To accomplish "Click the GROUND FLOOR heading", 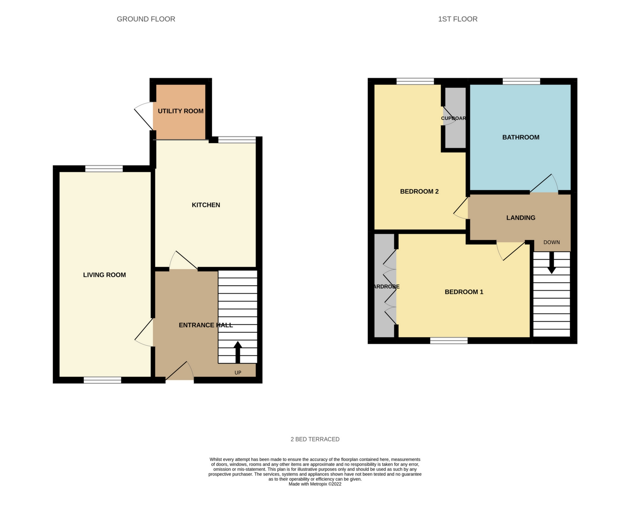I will pos(146,19).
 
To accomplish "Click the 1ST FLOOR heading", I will pos(457,19).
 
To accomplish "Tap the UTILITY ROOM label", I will pos(180,111).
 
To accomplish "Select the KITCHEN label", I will pos(206,205).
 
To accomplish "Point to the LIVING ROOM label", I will pos(104,275).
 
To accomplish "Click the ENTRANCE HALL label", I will pos(205,325).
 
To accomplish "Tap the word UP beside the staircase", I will pos(238,372).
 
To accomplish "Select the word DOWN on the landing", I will pos(551,242).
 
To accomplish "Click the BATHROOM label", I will pos(520,137).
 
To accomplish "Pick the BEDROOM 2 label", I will pos(419,191).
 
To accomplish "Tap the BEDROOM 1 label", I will pos(464,292).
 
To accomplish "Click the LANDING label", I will pos(520,218).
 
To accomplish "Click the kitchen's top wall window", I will pos(237,140).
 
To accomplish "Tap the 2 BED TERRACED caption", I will pos(315,439).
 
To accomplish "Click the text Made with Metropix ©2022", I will pos(315,484).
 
